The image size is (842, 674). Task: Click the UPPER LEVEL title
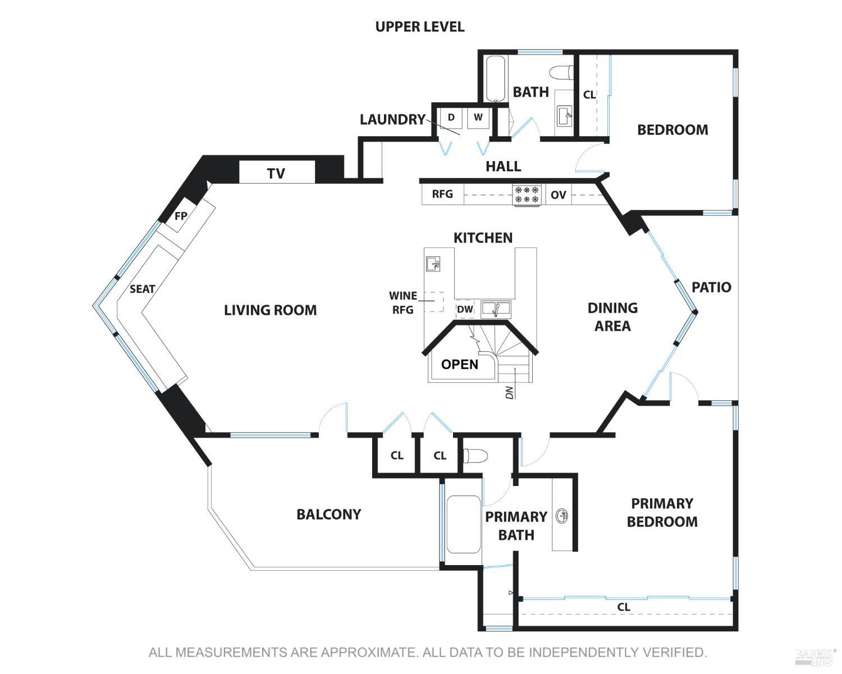coord(420,26)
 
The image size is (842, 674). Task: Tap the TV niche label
coord(276,173)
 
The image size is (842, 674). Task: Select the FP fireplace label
coord(181,216)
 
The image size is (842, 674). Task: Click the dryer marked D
coord(451,117)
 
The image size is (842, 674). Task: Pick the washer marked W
coord(478,117)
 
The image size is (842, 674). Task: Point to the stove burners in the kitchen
coord(527,194)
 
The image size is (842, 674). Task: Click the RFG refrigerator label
coord(442,194)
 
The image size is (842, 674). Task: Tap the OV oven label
coord(559,195)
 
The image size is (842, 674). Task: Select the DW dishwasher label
coord(465,309)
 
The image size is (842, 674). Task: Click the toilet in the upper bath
coord(561,72)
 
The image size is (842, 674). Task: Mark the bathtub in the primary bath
coord(464,524)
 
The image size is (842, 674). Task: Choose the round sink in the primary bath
coord(561,516)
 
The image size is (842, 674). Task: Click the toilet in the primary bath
coord(475,456)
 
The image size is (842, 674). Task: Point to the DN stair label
coord(509,392)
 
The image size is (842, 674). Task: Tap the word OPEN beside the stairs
coord(460,365)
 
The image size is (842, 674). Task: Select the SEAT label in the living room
coord(143,289)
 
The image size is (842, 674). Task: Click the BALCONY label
coord(329,515)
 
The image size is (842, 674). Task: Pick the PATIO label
coord(711,287)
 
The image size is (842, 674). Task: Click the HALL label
coord(503,167)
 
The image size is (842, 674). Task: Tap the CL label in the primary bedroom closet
coord(624,607)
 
